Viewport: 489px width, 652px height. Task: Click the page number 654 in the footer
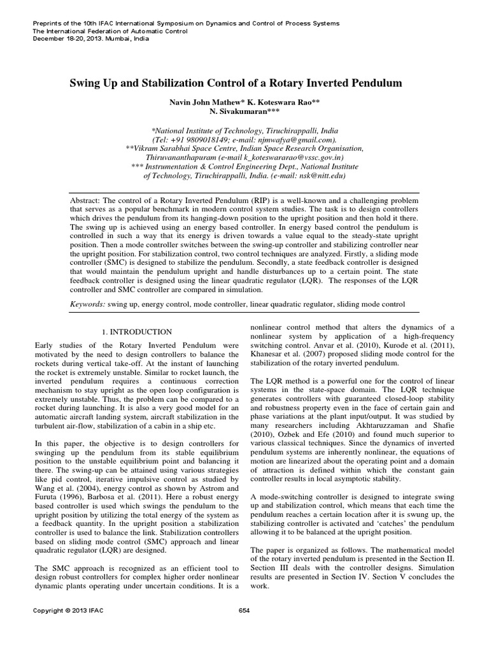tap(244, 628)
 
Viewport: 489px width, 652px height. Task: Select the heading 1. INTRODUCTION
tap(137, 332)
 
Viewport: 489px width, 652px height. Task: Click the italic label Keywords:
tap(88, 305)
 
